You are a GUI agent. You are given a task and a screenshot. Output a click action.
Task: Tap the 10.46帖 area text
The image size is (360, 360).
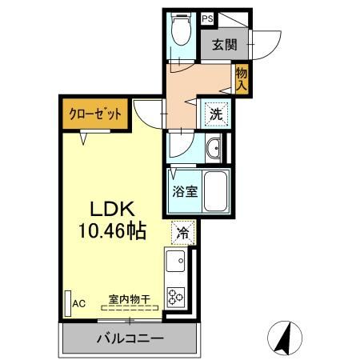[112, 232]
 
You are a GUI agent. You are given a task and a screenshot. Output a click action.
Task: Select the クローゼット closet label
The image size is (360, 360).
[95, 114]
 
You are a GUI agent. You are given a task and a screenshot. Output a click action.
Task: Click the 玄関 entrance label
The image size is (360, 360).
[225, 46]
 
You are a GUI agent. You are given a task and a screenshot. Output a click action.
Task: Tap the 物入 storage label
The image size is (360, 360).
[241, 78]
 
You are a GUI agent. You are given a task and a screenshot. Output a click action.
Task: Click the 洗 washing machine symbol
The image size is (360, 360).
[216, 114]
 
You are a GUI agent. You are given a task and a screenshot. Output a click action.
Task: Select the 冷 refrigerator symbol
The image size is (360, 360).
[183, 234]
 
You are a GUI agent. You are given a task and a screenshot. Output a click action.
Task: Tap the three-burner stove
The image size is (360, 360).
[175, 295]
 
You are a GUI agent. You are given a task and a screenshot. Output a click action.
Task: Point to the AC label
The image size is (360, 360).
[79, 303]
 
